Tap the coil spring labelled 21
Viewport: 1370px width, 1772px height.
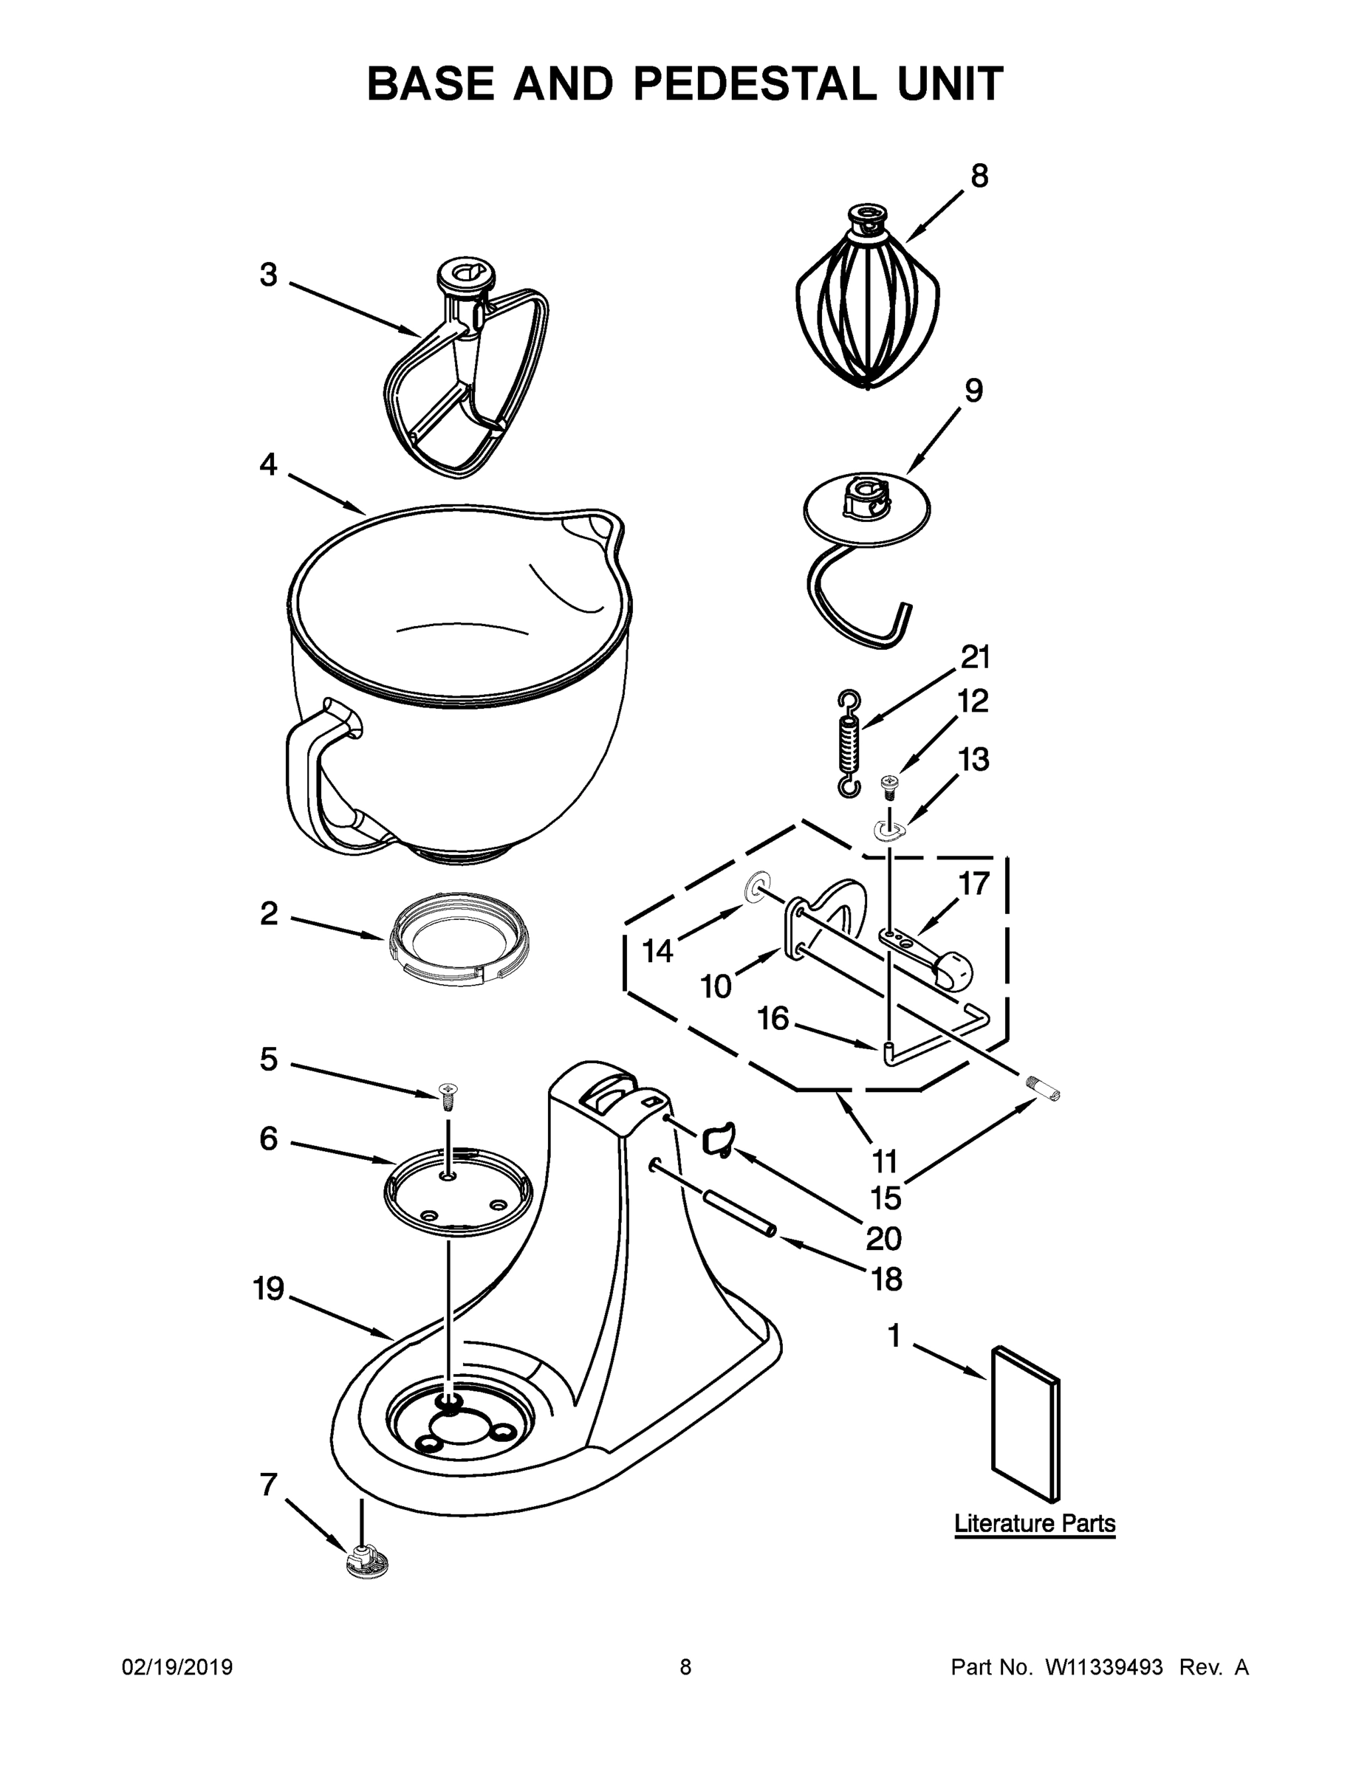tap(849, 742)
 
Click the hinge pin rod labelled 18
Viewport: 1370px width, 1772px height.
tap(739, 1215)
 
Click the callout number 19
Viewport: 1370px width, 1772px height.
tap(269, 1288)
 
